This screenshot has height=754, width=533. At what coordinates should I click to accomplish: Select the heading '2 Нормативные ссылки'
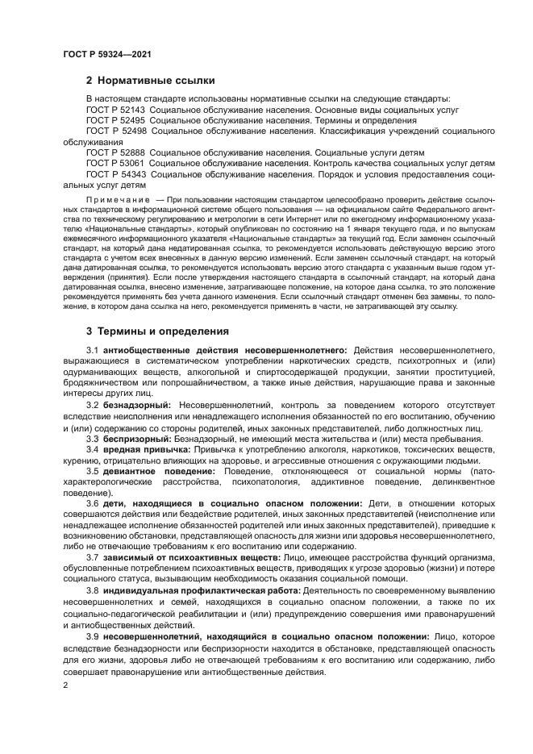150,81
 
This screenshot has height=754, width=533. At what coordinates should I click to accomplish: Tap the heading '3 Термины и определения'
157,331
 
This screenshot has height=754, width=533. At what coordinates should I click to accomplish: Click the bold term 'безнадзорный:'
137,404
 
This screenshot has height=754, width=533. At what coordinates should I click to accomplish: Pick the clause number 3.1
92,351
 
